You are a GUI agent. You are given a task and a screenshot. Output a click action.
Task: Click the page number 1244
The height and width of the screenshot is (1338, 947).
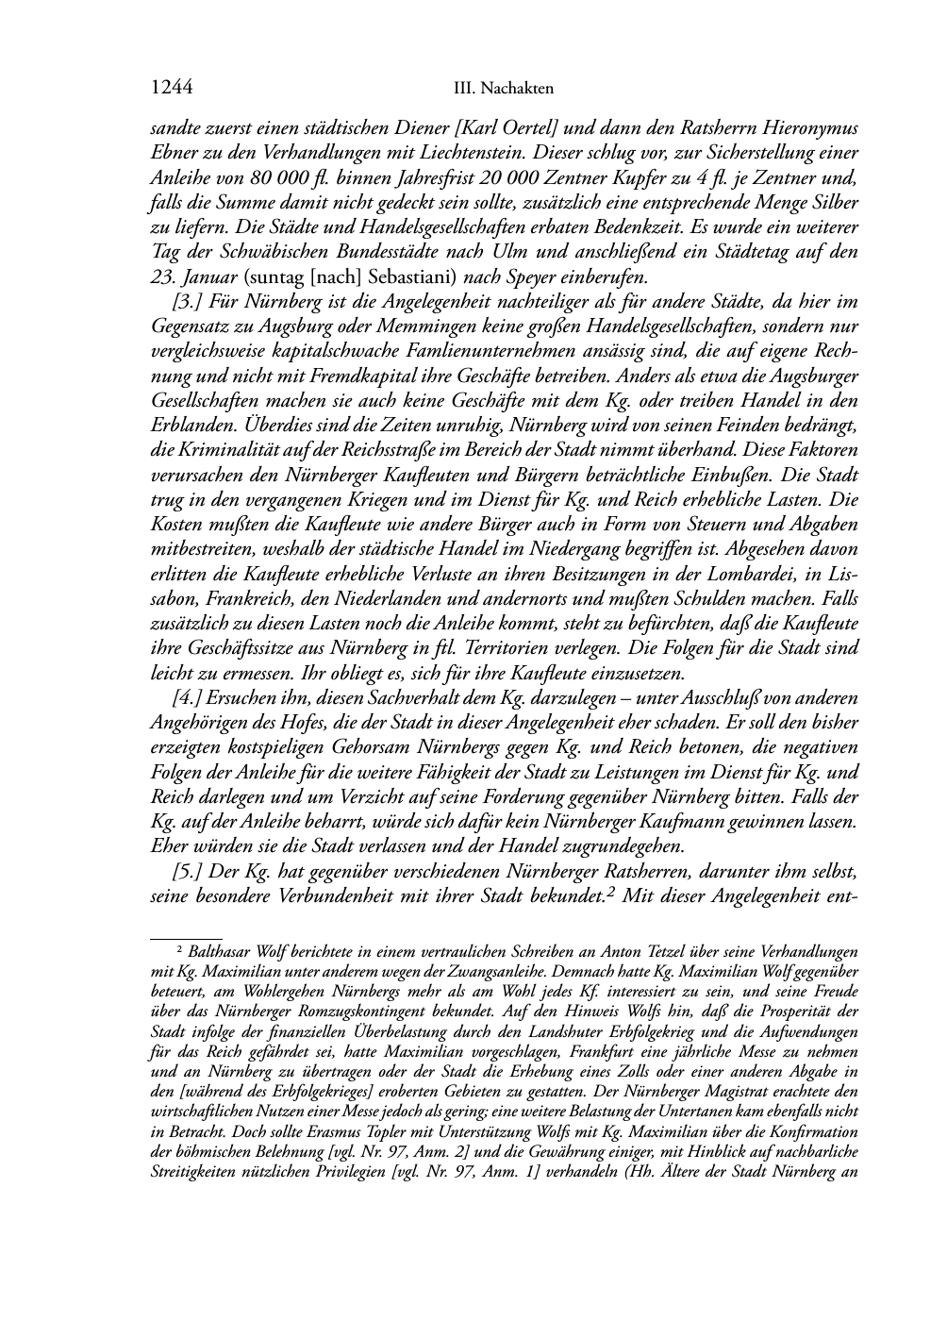tap(172, 88)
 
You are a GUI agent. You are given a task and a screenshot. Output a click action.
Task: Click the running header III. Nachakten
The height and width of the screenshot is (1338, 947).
tap(503, 89)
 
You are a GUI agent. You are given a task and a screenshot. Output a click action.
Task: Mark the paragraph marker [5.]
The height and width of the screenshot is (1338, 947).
tap(187, 872)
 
